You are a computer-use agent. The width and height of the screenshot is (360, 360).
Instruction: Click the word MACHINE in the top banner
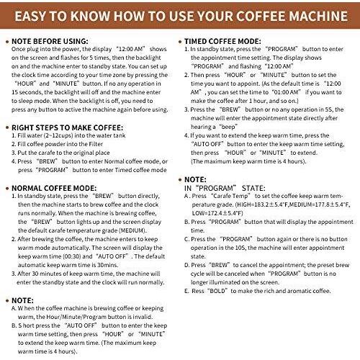tap(318, 16)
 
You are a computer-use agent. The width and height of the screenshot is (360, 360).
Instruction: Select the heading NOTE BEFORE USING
tap(50, 41)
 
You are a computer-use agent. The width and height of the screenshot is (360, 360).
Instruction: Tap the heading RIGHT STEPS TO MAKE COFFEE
tap(67, 127)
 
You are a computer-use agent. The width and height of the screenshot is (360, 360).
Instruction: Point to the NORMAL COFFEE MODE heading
tap(54, 188)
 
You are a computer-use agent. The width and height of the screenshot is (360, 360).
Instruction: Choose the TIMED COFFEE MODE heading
tap(222, 41)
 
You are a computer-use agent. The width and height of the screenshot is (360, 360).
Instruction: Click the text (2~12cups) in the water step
tap(58, 135)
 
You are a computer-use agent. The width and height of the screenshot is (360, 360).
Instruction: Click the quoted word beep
tap(228, 127)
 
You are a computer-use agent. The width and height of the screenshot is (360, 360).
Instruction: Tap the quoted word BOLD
tap(217, 291)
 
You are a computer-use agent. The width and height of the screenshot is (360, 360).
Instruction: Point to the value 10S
tap(240, 248)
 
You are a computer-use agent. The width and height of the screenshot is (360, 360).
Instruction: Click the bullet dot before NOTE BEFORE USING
tap(7, 42)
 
